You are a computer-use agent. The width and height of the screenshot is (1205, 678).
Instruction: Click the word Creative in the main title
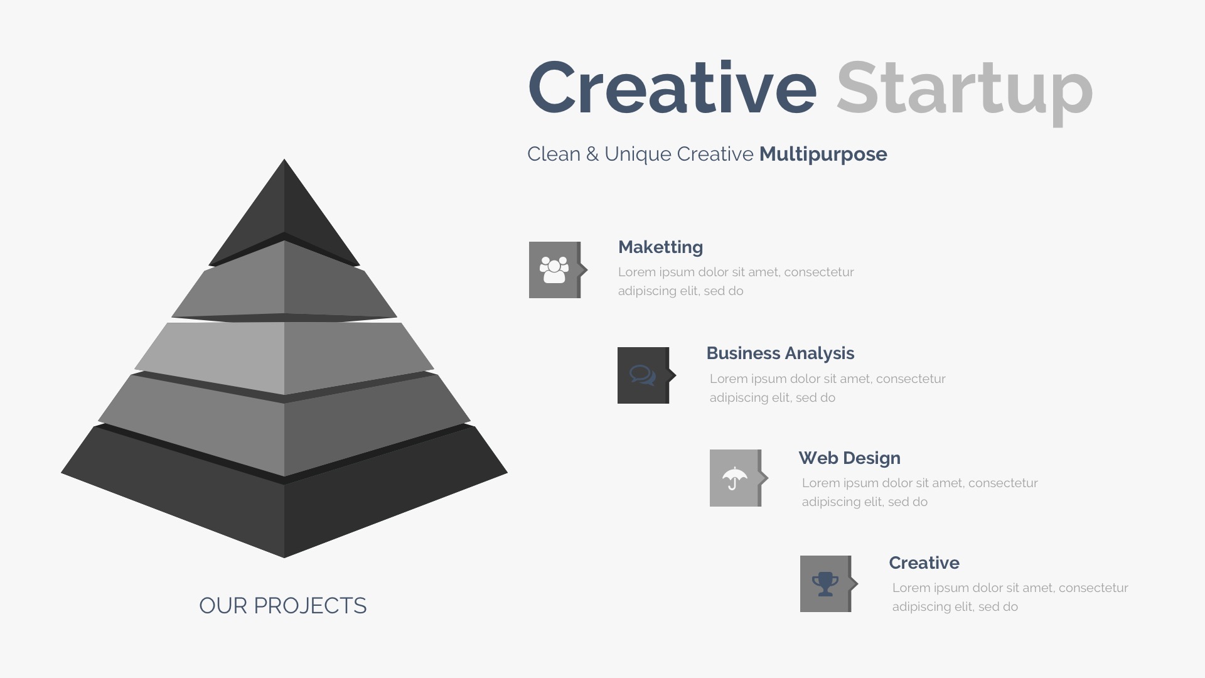click(x=672, y=87)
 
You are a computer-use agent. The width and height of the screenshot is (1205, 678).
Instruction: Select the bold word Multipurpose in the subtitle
click(x=823, y=154)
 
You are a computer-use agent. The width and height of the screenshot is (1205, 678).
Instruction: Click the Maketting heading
click(x=660, y=247)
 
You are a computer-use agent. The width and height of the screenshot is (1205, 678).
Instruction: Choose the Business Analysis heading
click(x=780, y=353)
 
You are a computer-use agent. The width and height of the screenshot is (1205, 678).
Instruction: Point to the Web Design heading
click(x=849, y=458)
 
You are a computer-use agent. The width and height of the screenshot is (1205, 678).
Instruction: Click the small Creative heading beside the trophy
click(x=924, y=562)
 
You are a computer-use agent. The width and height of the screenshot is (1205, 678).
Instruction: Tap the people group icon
click(x=554, y=270)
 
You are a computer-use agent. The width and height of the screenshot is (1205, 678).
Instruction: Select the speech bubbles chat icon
click(x=643, y=375)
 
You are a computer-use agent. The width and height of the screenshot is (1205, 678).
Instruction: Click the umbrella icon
click(x=734, y=478)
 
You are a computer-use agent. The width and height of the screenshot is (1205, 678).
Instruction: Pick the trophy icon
click(x=825, y=584)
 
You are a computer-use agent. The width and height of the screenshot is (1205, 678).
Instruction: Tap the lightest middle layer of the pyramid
click(x=284, y=358)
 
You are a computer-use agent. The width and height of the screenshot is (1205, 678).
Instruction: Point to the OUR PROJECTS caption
click(x=283, y=606)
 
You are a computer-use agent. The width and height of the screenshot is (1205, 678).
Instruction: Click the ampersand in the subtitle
click(x=592, y=154)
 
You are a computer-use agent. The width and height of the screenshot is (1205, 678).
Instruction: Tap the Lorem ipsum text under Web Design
click(x=919, y=492)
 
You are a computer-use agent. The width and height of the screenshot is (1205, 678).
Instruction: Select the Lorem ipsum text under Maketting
click(x=736, y=281)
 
